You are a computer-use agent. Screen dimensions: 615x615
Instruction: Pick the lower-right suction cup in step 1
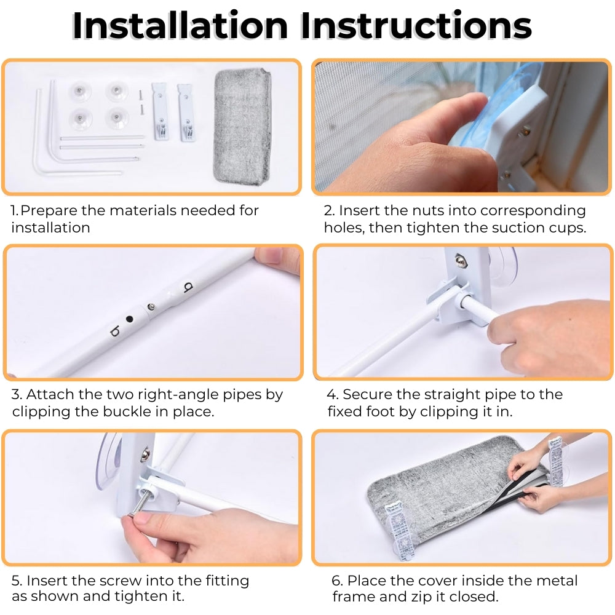point(117,117)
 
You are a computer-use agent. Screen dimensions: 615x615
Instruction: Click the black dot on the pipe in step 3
point(129,319)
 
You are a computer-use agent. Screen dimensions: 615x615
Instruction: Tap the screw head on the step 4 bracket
point(459,260)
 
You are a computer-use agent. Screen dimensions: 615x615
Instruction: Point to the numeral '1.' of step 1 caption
point(15,210)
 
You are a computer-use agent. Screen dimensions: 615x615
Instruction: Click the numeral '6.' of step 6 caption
point(337,581)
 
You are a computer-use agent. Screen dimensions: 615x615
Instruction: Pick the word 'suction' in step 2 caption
point(514,228)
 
